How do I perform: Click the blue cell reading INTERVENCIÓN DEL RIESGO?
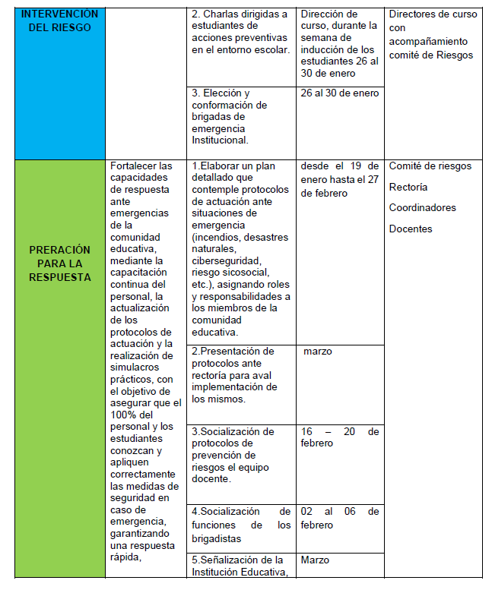(59, 21)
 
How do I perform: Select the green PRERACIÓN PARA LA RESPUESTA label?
(59, 263)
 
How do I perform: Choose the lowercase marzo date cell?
(317, 352)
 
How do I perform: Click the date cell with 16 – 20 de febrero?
(339, 437)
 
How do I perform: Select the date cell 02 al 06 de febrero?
(339, 518)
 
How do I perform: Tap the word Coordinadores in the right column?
(422, 208)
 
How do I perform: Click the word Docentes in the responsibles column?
(410, 229)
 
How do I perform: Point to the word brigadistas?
(217, 538)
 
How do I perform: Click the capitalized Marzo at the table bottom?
(316, 560)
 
